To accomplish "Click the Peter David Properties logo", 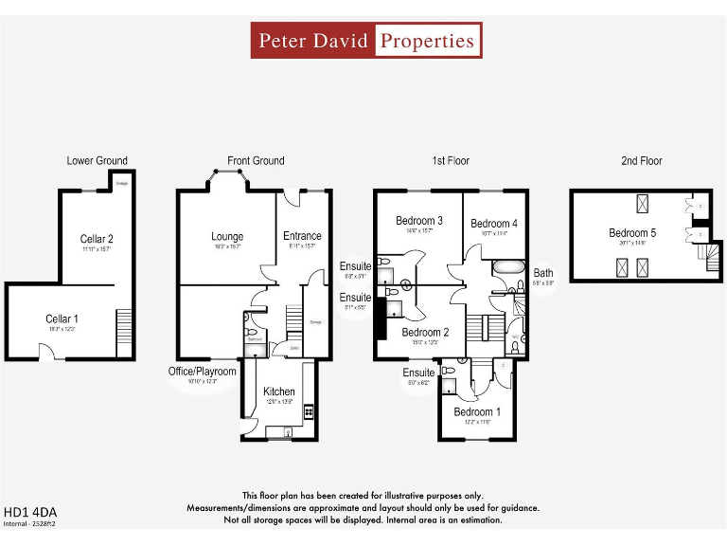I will (x=366, y=41).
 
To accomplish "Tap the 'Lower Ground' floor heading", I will (x=97, y=160).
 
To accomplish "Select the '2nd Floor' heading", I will (x=641, y=160).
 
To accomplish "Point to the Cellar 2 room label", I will (x=97, y=239).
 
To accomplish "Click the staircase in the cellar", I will (x=124, y=333).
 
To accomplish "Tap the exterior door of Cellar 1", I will (x=46, y=355).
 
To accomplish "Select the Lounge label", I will (x=227, y=236).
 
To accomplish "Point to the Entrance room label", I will (x=302, y=236).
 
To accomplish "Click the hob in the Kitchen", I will (x=309, y=413).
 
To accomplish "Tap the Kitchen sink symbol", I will (x=275, y=433).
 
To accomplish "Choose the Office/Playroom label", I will (x=201, y=372).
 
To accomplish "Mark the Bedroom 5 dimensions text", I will (x=631, y=243).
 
